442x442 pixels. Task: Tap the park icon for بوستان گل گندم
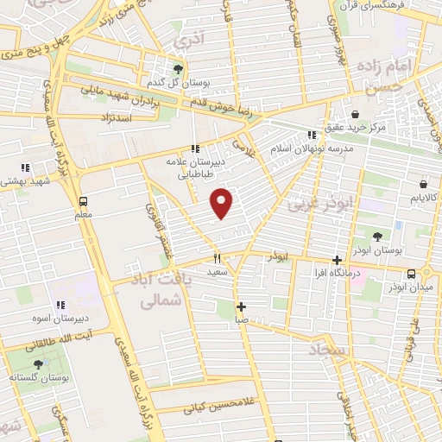tap(178, 68)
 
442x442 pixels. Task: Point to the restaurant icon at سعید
tap(217, 257)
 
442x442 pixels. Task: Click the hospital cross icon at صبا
tap(241, 306)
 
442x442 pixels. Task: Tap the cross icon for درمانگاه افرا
tap(338, 260)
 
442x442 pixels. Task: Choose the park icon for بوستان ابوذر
tap(377, 236)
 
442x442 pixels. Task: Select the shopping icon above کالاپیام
tap(423, 184)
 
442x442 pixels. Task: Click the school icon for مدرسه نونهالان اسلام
tap(311, 135)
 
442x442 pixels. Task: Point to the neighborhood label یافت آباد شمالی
tap(157, 291)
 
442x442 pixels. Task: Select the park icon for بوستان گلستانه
tap(37, 364)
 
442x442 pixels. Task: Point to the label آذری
tap(185, 40)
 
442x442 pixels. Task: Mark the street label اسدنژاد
tap(116, 115)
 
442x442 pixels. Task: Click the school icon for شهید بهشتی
tap(25, 167)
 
